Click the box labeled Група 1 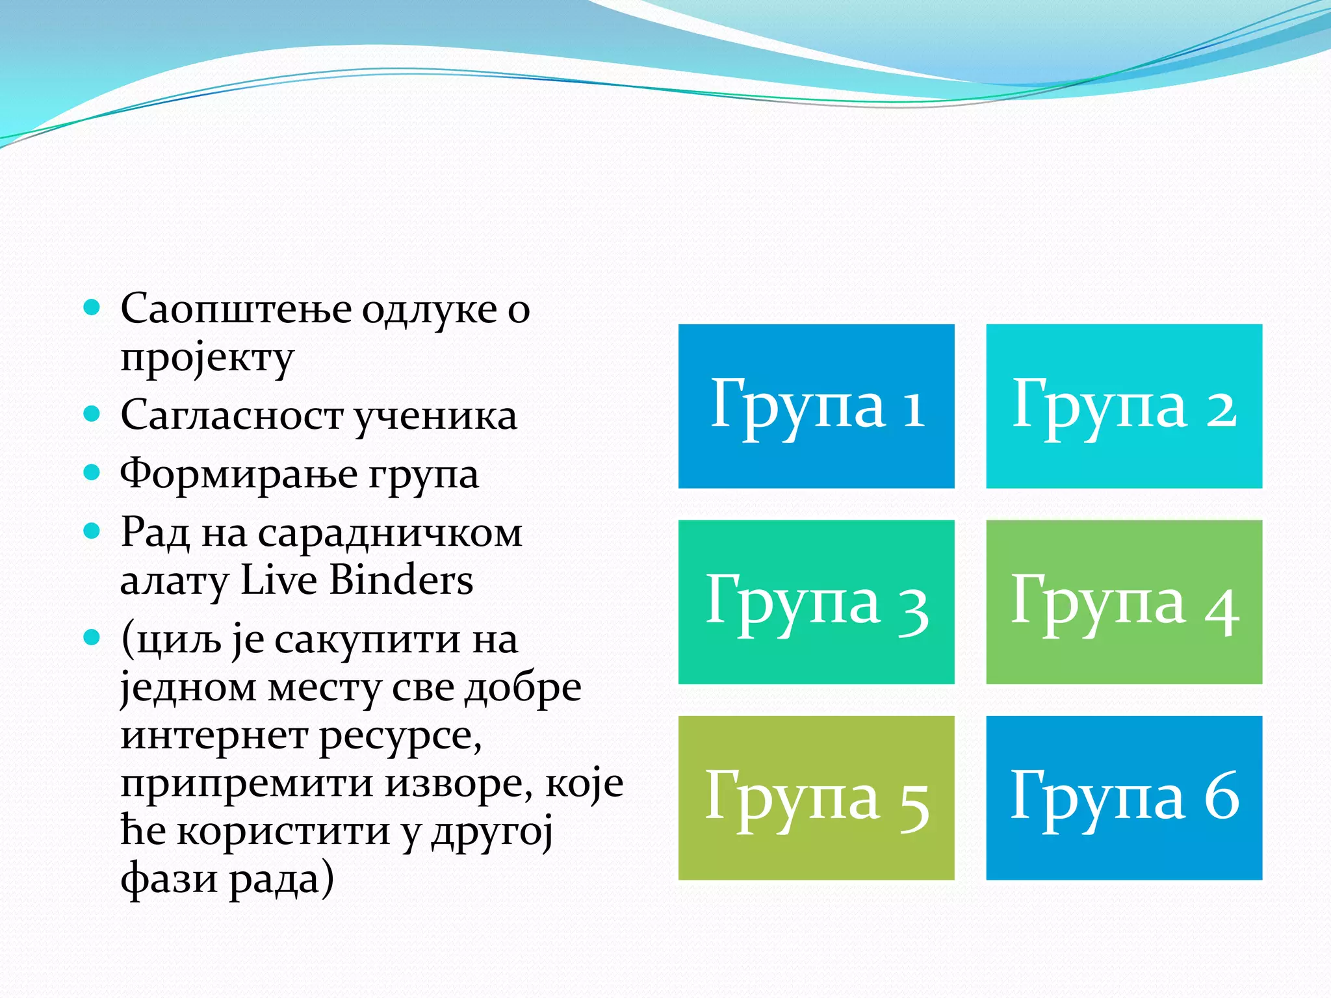point(816,406)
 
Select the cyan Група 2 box point(1124,406)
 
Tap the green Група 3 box point(816,602)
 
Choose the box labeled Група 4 point(1124,602)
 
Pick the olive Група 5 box point(816,798)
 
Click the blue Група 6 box point(1124,798)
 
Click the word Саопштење point(235,309)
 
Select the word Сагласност point(231,416)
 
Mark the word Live point(278,580)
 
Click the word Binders point(401,580)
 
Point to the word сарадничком point(390,534)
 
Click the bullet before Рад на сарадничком point(92,531)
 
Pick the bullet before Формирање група point(92,472)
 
